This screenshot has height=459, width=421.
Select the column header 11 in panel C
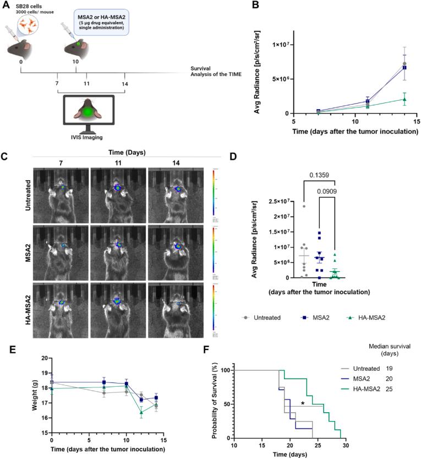point(118,163)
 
